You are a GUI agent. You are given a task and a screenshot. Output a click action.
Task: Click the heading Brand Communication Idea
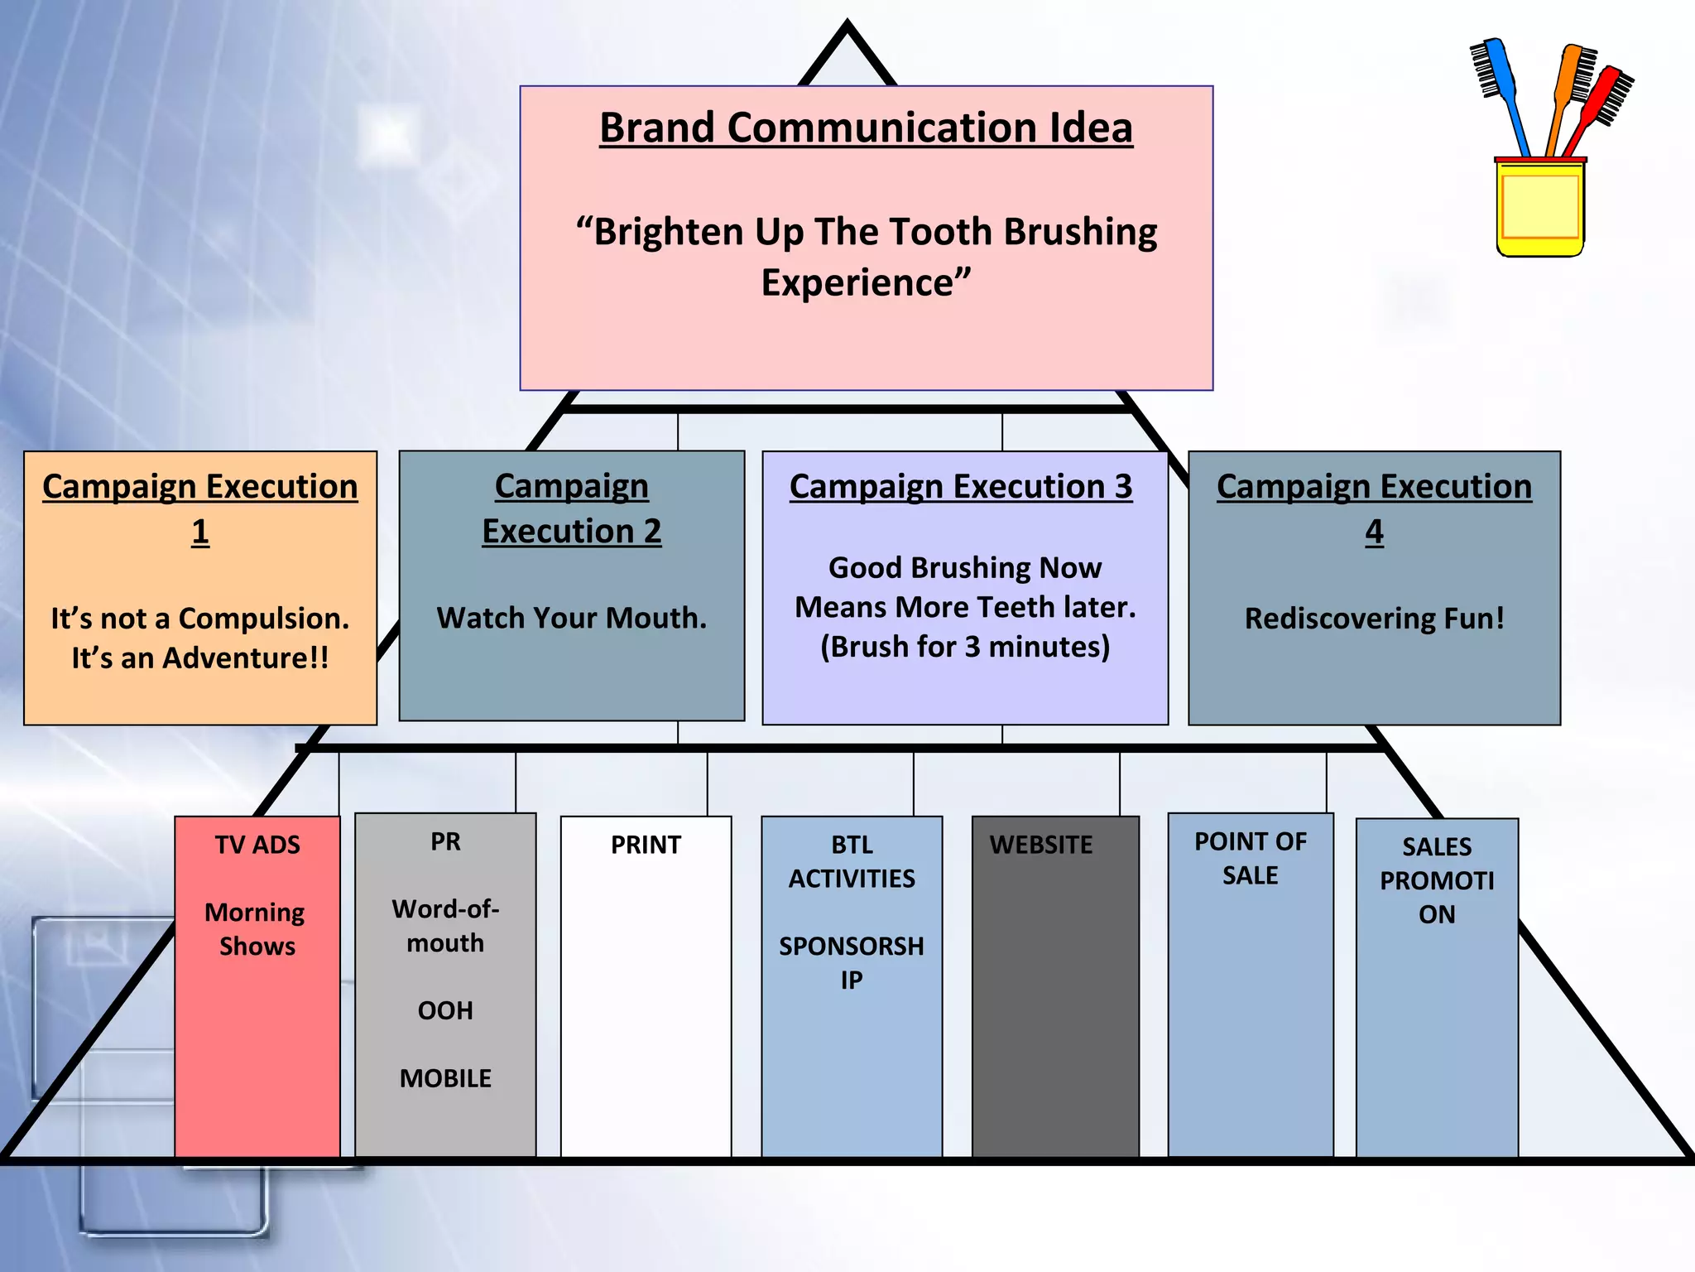click(x=866, y=128)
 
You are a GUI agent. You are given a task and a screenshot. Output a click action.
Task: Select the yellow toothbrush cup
click(x=1539, y=207)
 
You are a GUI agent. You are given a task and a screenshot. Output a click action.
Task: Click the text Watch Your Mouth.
click(x=571, y=618)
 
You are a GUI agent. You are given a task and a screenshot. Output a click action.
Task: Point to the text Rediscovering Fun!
click(x=1374, y=619)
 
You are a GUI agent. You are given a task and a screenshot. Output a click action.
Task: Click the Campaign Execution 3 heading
click(x=961, y=487)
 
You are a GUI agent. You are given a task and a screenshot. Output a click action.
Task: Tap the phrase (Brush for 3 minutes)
click(x=965, y=646)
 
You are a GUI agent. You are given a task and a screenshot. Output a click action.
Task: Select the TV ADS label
click(x=257, y=845)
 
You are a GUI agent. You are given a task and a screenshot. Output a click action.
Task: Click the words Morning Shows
click(x=256, y=929)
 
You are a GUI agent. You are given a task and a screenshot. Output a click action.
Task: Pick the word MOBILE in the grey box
click(x=445, y=1078)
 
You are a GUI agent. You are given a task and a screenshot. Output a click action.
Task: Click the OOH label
click(x=445, y=1010)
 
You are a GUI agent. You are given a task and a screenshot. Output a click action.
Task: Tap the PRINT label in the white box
click(x=646, y=845)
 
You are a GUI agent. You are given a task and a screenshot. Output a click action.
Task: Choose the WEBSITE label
click(x=1041, y=845)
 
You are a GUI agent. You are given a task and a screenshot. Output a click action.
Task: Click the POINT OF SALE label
click(x=1250, y=858)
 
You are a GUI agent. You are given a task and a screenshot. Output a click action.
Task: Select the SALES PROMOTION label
click(x=1437, y=880)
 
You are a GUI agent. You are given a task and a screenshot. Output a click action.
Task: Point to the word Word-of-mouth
click(x=445, y=926)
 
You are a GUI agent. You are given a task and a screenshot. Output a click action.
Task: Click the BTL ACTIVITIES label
click(x=852, y=861)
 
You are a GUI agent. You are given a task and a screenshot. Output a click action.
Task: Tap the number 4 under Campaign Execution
click(x=1374, y=532)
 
